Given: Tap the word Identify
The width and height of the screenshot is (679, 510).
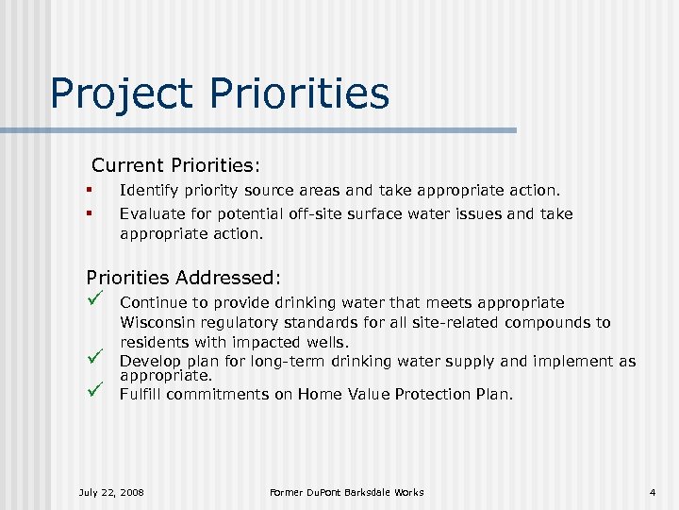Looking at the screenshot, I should tap(145, 191).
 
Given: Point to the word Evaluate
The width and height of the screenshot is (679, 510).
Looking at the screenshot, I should tap(149, 213).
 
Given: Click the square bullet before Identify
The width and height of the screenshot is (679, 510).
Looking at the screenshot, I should tap(88, 191).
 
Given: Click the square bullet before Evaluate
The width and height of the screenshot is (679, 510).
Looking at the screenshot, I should tap(88, 213).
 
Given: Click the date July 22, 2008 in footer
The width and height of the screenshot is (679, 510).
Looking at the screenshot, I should tap(110, 492).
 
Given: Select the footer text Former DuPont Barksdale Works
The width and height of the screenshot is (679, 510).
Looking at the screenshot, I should tap(346, 492).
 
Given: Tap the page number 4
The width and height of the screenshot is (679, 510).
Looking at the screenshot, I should tap(652, 492).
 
